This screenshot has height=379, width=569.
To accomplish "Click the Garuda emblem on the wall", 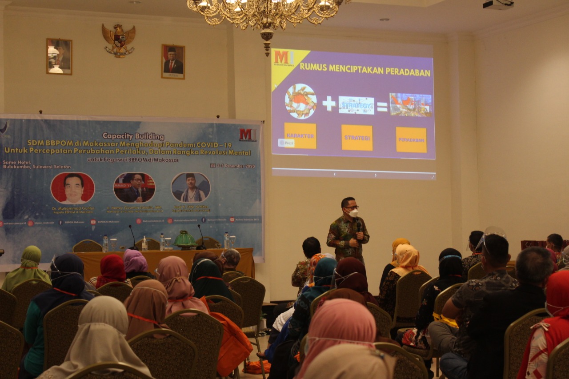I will [119, 40].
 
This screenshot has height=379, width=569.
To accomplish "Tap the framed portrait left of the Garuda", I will [59, 56].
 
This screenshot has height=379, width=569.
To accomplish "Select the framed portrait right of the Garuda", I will [173, 62].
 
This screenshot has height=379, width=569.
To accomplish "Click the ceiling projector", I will [498, 4].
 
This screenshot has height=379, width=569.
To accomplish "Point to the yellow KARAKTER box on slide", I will [300, 136].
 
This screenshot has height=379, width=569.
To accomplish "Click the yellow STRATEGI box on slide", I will [357, 138].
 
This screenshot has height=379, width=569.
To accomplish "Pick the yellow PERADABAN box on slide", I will [411, 140].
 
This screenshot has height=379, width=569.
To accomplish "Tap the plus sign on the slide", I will [329, 104].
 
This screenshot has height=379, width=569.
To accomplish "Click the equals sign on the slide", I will [382, 106].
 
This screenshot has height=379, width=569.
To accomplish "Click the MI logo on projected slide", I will [284, 57].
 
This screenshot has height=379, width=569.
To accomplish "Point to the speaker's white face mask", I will [353, 213].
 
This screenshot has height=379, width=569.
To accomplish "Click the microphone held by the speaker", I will [358, 227].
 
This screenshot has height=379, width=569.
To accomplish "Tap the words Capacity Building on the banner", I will [133, 136].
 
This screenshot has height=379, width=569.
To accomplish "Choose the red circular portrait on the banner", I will [72, 188].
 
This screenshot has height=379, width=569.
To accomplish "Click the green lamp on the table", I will [185, 240].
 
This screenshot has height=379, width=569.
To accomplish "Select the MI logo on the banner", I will [248, 134].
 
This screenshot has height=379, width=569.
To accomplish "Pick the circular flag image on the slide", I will [301, 101].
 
